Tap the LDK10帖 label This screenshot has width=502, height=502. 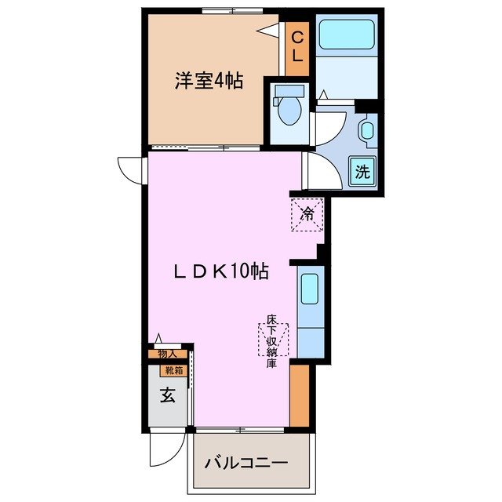point(222,271)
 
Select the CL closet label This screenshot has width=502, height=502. point(298,47)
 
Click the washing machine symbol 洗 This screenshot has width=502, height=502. point(362,170)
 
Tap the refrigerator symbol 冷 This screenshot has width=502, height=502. point(308,213)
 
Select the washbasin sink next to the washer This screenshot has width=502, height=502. point(366,131)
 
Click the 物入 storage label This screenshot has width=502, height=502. point(168,354)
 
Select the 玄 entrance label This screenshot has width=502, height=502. point(168,397)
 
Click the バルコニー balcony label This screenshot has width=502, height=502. point(246,463)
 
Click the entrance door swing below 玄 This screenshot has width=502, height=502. point(162,450)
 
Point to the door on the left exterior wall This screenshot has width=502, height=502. point(131,169)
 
